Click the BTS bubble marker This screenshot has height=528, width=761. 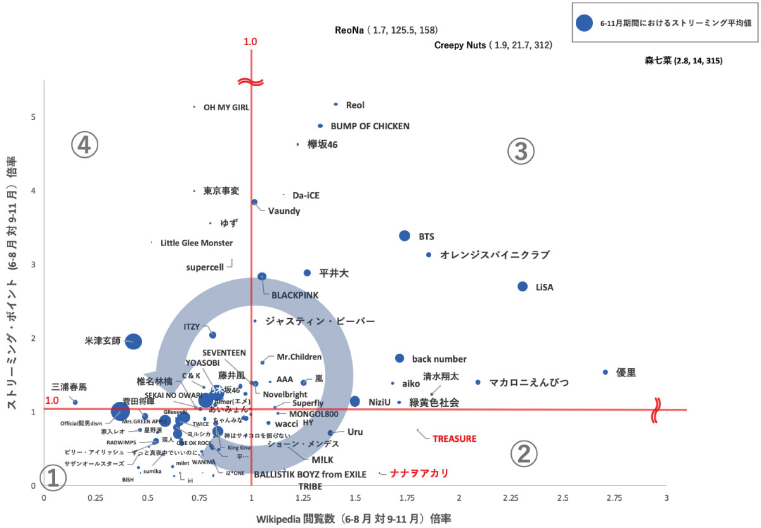coord(405,236)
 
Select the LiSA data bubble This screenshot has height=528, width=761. coord(523,287)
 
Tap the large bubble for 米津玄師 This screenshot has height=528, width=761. coord(133,341)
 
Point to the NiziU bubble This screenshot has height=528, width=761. coord(355,401)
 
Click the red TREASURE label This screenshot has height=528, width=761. coord(454,438)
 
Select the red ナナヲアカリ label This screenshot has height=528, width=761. coord(419,473)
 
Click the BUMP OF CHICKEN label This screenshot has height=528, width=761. coord(370,126)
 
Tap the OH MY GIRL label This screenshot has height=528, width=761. coord(226,108)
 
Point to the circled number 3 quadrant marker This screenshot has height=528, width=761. coord(521,151)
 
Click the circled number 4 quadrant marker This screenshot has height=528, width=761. coord(84,146)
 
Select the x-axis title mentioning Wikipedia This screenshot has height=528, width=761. coord(354,518)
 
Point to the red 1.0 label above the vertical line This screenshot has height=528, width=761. coord(250,42)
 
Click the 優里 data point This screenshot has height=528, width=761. coord(605,372)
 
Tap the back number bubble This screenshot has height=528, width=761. coord(400,358)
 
